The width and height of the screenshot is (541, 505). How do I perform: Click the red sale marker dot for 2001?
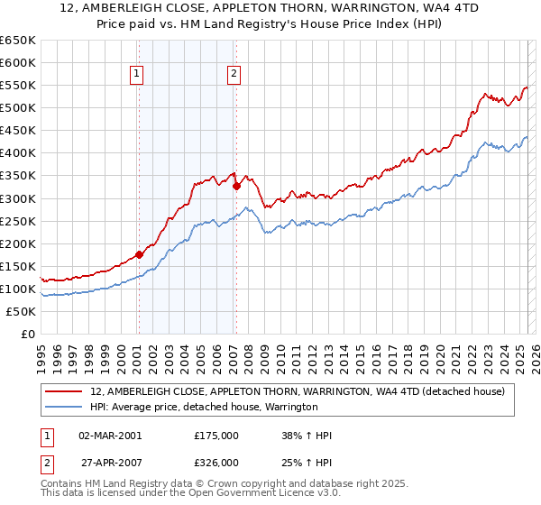139,254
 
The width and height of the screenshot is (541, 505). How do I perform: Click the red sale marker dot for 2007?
236,187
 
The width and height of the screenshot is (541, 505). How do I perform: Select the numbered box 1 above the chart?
136,75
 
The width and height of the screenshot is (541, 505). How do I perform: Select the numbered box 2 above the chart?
234,75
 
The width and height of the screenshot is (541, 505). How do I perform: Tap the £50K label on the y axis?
22,312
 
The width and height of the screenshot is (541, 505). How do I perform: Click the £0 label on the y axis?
28,335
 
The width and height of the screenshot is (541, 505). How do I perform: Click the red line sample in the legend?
65,391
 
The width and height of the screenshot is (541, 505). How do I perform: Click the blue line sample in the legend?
65,407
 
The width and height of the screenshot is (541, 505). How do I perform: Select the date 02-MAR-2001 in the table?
110,436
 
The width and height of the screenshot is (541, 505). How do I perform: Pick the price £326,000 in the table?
215,462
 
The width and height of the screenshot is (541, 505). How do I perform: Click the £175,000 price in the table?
215,436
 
